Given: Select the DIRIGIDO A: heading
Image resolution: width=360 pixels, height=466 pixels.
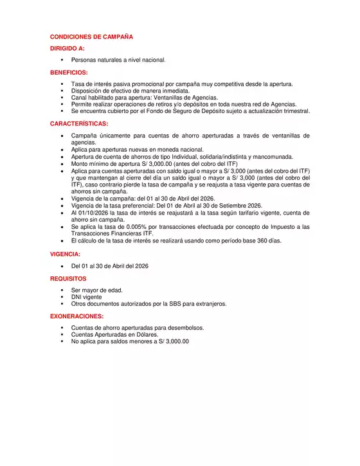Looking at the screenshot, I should point(67,48).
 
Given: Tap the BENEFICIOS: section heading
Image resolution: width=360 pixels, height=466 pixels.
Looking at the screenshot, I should point(69,73).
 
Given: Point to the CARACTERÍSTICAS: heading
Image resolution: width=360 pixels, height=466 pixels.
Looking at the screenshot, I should point(79,123).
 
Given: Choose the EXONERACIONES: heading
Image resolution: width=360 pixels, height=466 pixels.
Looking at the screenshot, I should point(76,316).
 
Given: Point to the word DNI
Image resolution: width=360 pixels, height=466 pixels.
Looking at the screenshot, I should point(76,297).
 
